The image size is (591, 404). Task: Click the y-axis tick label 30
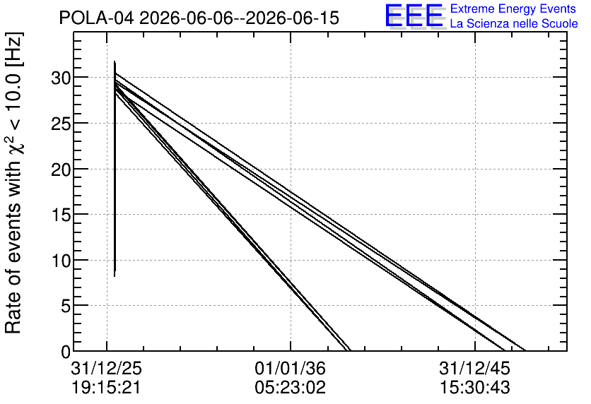pos(60,78)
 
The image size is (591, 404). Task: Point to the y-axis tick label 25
pos(60,124)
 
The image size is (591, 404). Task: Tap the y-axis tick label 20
pos(60,170)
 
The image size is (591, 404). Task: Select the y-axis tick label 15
pos(60,215)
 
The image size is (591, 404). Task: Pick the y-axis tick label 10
pos(60,261)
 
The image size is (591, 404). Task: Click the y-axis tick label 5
pos(66,307)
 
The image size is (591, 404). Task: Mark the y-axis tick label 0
pos(66,352)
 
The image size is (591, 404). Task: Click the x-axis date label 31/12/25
pos(106,368)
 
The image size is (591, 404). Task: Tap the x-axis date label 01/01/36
pos(291,368)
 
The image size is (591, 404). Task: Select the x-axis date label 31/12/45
pos(474,368)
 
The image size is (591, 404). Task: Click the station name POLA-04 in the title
pos(96,18)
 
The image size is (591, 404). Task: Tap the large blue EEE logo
pos(415,16)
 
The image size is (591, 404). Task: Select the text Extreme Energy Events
pos(513,9)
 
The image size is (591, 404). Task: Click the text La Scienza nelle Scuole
pos(514,24)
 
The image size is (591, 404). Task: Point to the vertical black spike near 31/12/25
pos(115,169)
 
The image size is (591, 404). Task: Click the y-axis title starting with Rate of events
pos(14,183)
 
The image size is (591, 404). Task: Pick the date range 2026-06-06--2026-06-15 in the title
pos(240,18)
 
